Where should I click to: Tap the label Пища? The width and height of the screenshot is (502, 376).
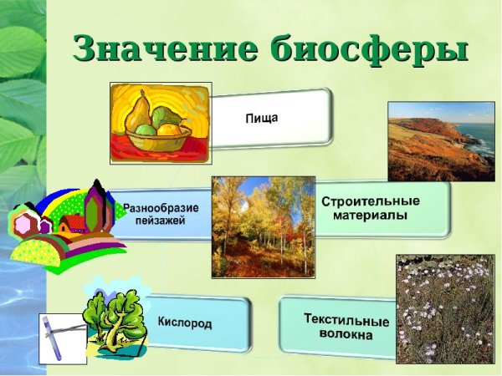click(261, 119)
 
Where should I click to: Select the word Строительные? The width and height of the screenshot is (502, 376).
click(371, 201)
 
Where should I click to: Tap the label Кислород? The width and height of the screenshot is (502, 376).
click(185, 322)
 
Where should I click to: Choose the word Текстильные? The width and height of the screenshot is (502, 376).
click(346, 321)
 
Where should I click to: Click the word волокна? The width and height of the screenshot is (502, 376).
click(346, 335)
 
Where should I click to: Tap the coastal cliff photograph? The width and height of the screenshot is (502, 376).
click(441, 142)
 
